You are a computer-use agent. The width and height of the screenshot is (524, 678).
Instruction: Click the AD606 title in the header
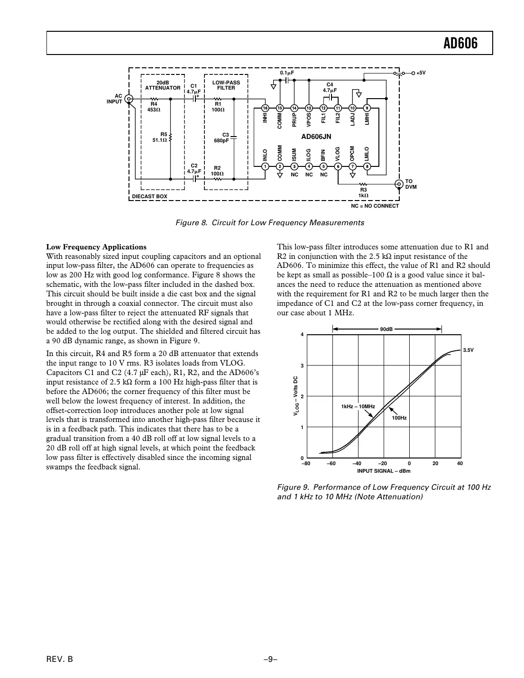[460, 44]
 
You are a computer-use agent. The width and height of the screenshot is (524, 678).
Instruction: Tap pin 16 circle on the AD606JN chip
[265, 108]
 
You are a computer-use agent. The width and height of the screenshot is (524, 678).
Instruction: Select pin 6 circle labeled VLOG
[338, 166]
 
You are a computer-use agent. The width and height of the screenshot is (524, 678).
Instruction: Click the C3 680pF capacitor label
[221, 137]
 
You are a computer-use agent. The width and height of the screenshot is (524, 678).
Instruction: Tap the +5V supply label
[421, 73]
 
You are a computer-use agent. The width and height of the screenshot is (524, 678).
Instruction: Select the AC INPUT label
[115, 99]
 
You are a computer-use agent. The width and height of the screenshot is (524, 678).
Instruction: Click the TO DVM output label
[410, 184]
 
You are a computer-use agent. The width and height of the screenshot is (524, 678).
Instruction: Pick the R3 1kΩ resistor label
[363, 192]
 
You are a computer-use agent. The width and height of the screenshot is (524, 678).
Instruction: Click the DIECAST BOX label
[149, 196]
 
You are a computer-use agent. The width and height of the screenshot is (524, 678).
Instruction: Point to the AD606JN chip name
[316, 137]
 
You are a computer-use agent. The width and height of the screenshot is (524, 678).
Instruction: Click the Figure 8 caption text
[269, 223]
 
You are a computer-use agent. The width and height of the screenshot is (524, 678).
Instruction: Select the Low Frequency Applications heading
[96, 247]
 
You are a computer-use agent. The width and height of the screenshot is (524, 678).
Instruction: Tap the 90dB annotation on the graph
[386, 329]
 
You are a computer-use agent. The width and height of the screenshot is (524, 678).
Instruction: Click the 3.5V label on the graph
[468, 350]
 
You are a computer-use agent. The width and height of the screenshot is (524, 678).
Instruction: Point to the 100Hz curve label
[399, 418]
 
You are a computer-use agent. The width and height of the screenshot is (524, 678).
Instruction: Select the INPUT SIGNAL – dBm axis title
[384, 471]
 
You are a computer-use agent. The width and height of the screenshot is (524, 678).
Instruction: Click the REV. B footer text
[60, 659]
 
